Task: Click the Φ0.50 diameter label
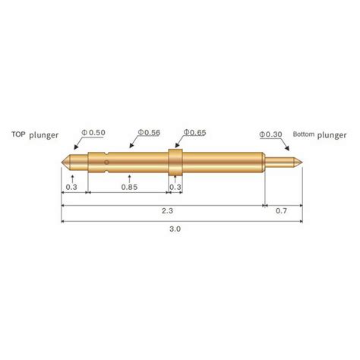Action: point(95,133)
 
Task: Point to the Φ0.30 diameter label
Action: point(273,134)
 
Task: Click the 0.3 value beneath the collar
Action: point(175,186)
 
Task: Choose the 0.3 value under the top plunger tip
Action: point(71,186)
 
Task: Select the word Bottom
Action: point(303,134)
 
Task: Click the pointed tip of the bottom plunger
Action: point(302,161)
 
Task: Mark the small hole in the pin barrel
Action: point(109,160)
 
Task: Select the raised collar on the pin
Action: point(175,161)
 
